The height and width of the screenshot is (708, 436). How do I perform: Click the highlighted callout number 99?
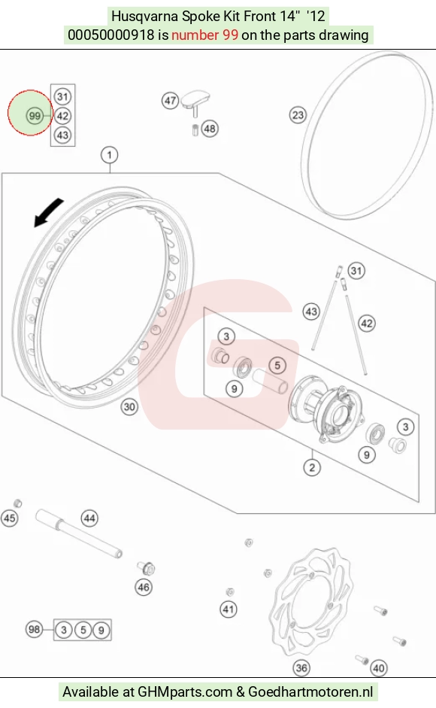click(35, 116)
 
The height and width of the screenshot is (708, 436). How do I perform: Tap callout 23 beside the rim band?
click(298, 115)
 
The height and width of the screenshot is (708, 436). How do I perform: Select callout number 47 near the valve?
click(170, 100)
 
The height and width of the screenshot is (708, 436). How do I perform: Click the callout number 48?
click(210, 129)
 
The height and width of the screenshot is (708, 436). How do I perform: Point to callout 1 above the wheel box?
click(109, 155)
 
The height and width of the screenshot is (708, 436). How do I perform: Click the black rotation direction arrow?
click(48, 213)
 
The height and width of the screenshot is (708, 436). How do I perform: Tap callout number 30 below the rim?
click(129, 407)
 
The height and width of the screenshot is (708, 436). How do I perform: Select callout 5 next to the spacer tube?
click(277, 366)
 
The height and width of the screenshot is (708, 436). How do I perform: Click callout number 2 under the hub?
click(312, 467)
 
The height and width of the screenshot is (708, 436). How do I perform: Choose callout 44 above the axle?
click(89, 518)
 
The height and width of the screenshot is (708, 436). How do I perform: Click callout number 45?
click(10, 518)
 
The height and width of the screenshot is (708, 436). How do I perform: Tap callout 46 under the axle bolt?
click(144, 588)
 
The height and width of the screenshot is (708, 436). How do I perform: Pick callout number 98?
click(34, 630)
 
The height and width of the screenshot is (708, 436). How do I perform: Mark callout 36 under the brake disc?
click(301, 668)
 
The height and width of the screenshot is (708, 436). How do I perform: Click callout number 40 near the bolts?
click(379, 668)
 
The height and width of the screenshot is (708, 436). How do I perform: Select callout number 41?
click(229, 609)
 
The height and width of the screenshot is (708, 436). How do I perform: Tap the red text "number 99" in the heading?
click(204, 35)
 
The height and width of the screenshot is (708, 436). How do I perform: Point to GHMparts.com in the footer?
click(184, 691)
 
